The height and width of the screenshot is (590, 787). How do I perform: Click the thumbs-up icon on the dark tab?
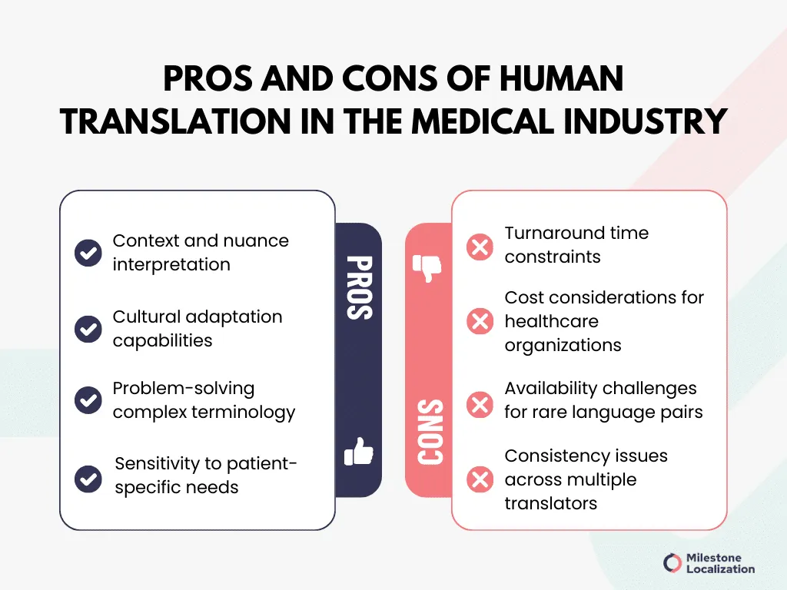pos(358,452)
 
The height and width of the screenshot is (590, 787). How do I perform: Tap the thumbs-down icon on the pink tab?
pos(427,268)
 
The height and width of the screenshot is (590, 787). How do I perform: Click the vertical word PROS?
pos(360,288)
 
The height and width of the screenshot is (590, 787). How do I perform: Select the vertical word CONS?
pos(430,432)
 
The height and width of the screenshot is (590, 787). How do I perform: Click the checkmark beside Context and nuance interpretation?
pos(88,252)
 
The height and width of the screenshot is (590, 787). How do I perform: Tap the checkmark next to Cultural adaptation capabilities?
pos(88,329)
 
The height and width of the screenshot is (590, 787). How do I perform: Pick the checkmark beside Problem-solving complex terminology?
pos(88,400)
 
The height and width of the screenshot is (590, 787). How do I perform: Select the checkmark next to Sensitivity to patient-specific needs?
pos(88,479)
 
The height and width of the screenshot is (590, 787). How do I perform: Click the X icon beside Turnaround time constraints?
pos(480,247)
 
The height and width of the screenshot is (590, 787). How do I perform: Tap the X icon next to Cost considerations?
pos(480,321)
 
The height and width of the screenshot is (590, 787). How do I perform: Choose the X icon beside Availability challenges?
pos(480,405)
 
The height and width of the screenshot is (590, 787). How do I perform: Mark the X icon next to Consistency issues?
pos(480,479)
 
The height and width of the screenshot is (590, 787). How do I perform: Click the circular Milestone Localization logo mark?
pos(672,563)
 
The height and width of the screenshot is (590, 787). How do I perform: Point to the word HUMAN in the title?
pos(561,79)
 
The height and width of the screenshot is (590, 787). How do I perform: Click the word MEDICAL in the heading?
pos(483,121)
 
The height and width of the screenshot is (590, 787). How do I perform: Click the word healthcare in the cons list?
pos(552,321)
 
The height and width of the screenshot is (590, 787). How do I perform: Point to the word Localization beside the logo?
pos(721,569)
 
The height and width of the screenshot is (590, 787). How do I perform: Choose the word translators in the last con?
pos(550,503)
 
